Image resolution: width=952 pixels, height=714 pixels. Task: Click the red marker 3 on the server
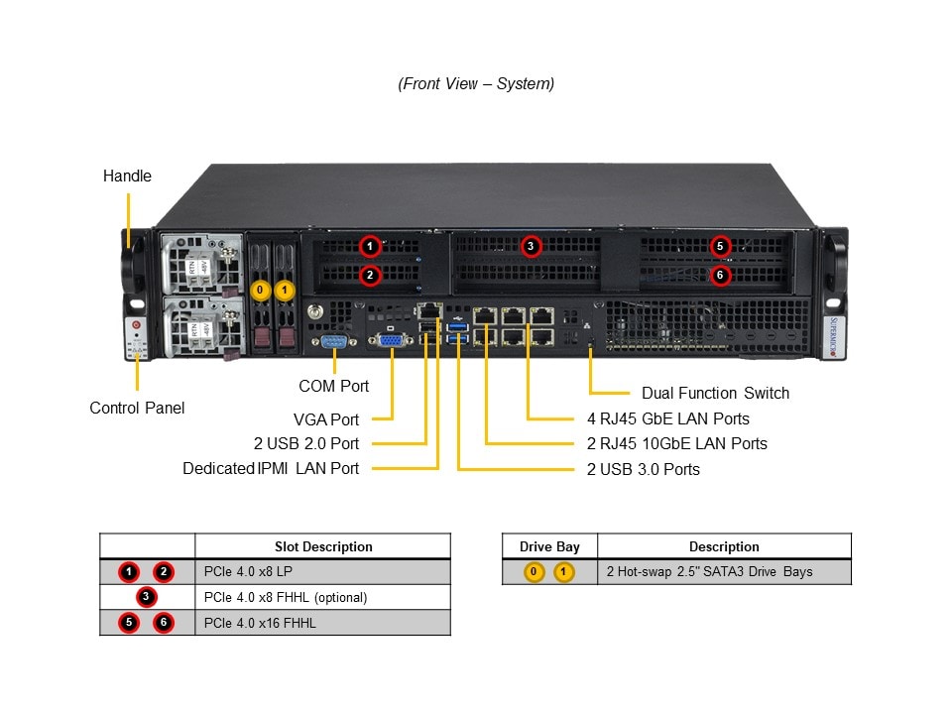(531, 246)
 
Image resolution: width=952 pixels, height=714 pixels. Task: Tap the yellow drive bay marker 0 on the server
(260, 291)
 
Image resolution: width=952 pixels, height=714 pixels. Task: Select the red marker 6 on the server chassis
(721, 275)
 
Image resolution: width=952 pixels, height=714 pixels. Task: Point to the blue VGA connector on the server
(391, 341)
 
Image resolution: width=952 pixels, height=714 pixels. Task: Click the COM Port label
(333, 386)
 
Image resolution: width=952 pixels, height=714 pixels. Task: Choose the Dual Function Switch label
(715, 393)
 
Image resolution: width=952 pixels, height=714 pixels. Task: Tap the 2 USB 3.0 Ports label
(643, 469)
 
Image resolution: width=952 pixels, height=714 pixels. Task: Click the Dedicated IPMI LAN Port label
(271, 468)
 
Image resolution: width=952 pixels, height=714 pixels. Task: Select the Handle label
(127, 176)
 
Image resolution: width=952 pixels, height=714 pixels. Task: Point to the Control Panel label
(137, 408)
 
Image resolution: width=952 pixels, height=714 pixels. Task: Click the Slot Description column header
(323, 546)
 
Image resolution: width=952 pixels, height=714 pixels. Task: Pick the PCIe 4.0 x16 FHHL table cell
(260, 623)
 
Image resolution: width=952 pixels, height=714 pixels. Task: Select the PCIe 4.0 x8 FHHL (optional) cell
(286, 597)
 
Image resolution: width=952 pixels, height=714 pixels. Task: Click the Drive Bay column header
(549, 546)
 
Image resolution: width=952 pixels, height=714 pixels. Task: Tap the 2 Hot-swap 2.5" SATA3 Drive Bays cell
(709, 572)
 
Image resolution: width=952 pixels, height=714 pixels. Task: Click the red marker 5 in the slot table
(129, 623)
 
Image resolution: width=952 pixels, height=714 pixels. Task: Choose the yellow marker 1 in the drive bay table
(564, 572)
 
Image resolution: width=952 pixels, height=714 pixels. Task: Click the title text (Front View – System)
(476, 84)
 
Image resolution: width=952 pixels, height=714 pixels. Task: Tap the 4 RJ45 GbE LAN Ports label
(667, 418)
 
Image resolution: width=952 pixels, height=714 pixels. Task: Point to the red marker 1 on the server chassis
(369, 246)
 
